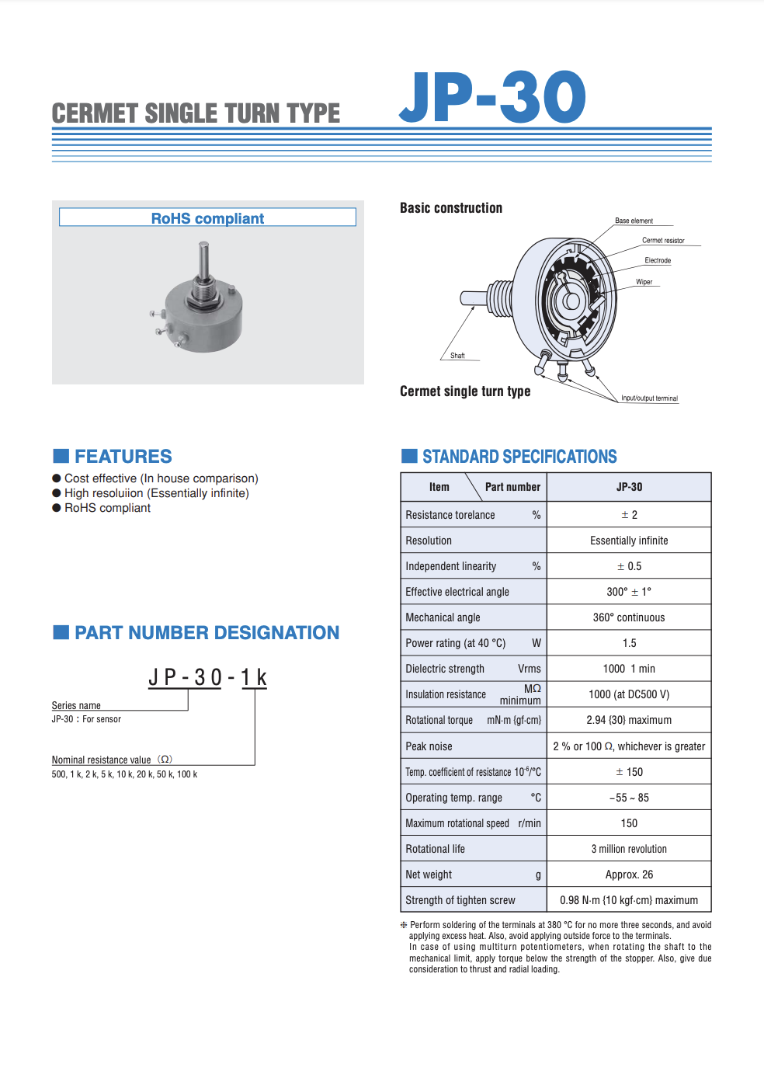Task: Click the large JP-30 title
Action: [492, 98]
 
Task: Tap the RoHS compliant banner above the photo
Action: [207, 218]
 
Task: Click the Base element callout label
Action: [634, 221]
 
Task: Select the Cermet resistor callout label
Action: [663, 241]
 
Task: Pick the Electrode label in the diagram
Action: [658, 261]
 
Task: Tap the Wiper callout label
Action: [644, 283]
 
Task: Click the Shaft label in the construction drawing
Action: [457, 356]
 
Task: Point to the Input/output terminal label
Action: [649, 398]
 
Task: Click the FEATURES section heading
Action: [123, 457]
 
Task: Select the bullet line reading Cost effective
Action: [161, 478]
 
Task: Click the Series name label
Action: [76, 705]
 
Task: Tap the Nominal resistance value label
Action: [102, 760]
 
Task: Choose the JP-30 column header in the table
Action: [629, 487]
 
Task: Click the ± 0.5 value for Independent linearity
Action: [629, 566]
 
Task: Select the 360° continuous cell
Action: [629, 617]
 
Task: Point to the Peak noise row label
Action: [429, 746]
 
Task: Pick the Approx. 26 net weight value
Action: [629, 875]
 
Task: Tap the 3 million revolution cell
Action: [629, 849]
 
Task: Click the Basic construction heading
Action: [451, 208]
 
